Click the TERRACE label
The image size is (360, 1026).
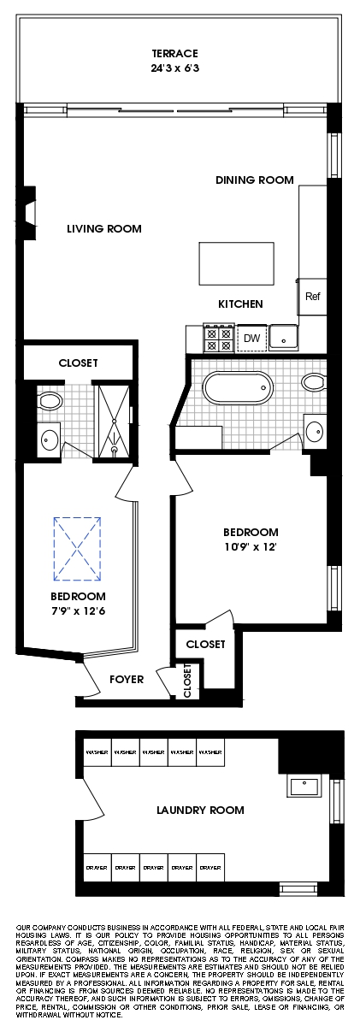point(174,52)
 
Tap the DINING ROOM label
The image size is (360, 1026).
point(254,180)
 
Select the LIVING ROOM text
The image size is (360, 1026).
point(104,229)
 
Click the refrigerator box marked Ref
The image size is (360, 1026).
point(312,296)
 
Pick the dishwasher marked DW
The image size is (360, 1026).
point(251,339)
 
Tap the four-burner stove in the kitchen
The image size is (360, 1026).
point(217,339)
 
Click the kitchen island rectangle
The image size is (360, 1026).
point(237,263)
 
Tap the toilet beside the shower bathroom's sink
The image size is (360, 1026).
point(49,400)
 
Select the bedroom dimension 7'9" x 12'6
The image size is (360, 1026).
point(78,610)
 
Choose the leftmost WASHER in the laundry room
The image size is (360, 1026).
point(97,753)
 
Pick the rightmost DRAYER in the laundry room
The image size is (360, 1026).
point(210,867)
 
